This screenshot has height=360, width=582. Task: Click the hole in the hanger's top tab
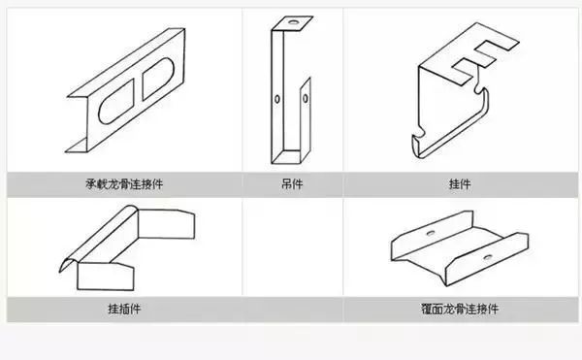(x=290, y=21)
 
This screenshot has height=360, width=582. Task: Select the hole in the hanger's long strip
(x=277, y=98)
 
